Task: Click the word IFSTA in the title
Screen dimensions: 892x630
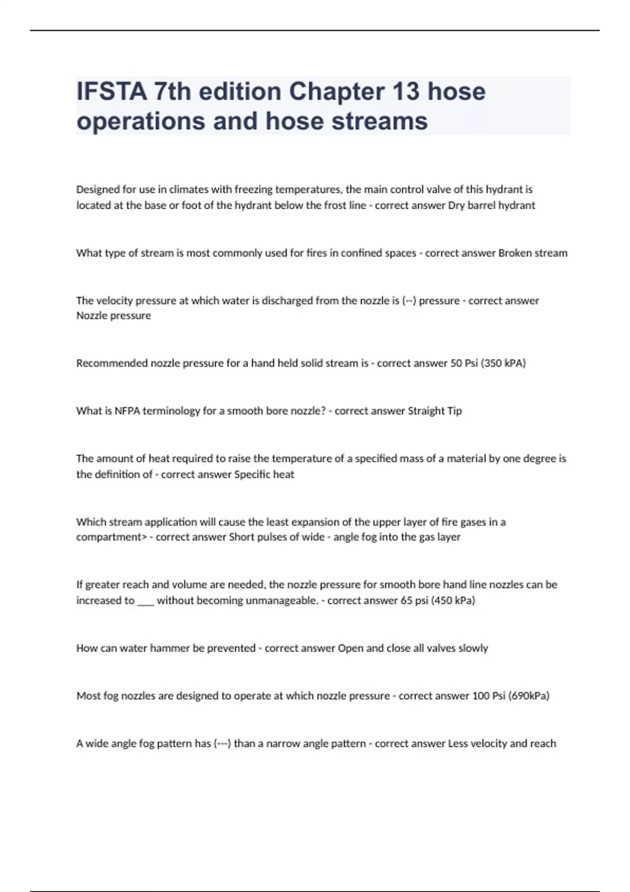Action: pyautogui.click(x=111, y=91)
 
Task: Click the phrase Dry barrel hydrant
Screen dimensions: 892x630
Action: pyautogui.click(x=491, y=205)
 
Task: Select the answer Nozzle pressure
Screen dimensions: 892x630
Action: pyautogui.click(x=113, y=316)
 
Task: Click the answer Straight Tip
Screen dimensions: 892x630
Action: pyautogui.click(x=435, y=411)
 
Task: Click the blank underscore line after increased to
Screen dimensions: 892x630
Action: pyautogui.click(x=145, y=601)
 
